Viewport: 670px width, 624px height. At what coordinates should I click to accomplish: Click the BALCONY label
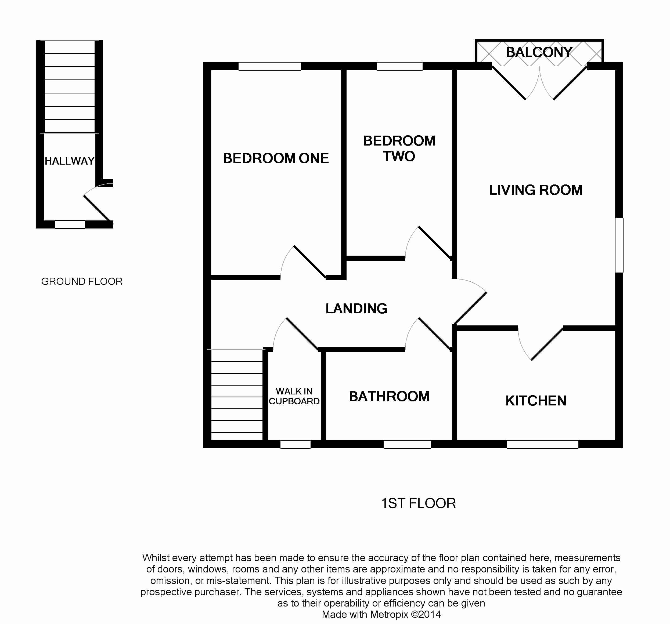point(539,52)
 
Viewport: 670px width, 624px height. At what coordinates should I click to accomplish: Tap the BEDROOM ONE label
point(276,158)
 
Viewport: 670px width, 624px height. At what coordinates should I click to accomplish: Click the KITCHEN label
point(536,401)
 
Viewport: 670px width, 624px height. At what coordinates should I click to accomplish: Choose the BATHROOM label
point(389,397)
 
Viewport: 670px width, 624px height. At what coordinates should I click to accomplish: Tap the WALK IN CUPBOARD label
point(294,396)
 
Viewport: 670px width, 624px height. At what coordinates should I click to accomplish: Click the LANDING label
point(356,309)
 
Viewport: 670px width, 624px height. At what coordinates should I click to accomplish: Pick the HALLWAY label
point(69,161)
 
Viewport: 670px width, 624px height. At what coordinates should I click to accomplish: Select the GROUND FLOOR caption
point(82,281)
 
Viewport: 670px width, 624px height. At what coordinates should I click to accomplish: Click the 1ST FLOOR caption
point(419,503)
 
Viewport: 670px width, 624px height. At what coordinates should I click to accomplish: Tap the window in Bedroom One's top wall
point(270,66)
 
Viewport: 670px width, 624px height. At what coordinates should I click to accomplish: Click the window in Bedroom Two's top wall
point(400,66)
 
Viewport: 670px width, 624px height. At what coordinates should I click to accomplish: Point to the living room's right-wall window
point(619,245)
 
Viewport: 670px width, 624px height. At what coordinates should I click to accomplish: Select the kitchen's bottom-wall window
point(543,444)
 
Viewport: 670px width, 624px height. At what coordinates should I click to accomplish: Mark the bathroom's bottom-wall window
point(407,444)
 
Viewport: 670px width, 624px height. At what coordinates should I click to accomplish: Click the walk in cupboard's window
point(296,444)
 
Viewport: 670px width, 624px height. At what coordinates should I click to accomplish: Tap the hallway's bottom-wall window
point(70,224)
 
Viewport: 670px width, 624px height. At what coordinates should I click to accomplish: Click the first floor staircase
point(237,395)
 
